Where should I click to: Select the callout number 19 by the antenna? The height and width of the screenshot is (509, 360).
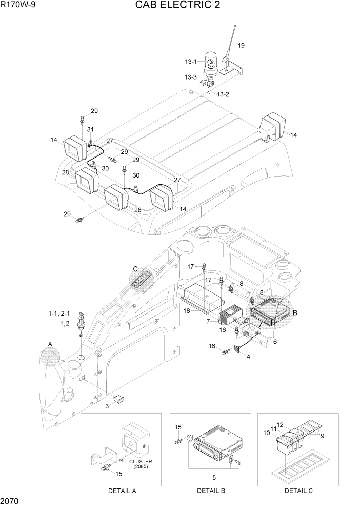241,46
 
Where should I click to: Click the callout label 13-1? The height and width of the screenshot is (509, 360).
191,62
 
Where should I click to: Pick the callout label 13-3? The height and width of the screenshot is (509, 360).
191,77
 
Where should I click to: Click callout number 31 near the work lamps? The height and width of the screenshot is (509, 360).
90,129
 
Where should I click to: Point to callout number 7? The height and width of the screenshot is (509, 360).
209,322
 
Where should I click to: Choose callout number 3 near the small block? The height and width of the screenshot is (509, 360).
107,406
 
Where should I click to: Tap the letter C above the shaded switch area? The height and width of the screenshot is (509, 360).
136,269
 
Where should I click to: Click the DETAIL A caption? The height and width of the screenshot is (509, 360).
122,491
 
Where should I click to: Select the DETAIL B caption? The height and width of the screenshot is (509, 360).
211,491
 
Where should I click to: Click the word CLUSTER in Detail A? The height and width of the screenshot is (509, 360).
141,461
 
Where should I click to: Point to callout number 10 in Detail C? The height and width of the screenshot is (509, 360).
267,433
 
